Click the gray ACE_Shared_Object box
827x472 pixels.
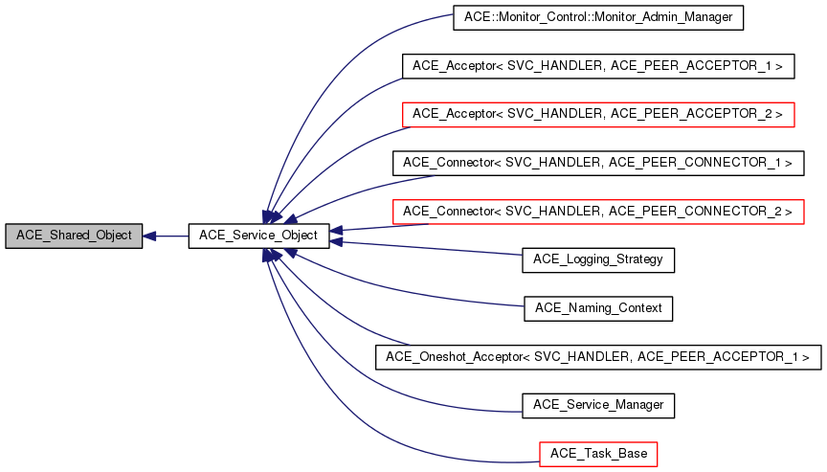(x=74, y=235)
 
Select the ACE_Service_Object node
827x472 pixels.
(x=258, y=235)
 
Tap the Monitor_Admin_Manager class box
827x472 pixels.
(x=597, y=17)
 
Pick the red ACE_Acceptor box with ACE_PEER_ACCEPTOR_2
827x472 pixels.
(x=597, y=114)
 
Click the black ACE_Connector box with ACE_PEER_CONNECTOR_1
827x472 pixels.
(x=597, y=162)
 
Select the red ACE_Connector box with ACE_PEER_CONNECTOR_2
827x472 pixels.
(x=597, y=211)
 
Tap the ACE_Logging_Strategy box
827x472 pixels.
(x=597, y=258)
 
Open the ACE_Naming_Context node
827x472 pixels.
(x=597, y=307)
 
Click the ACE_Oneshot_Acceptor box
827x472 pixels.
(x=597, y=356)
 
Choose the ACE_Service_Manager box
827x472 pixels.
(x=597, y=404)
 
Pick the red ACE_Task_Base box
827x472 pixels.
(x=597, y=453)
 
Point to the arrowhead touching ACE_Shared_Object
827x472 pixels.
(x=150, y=235)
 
